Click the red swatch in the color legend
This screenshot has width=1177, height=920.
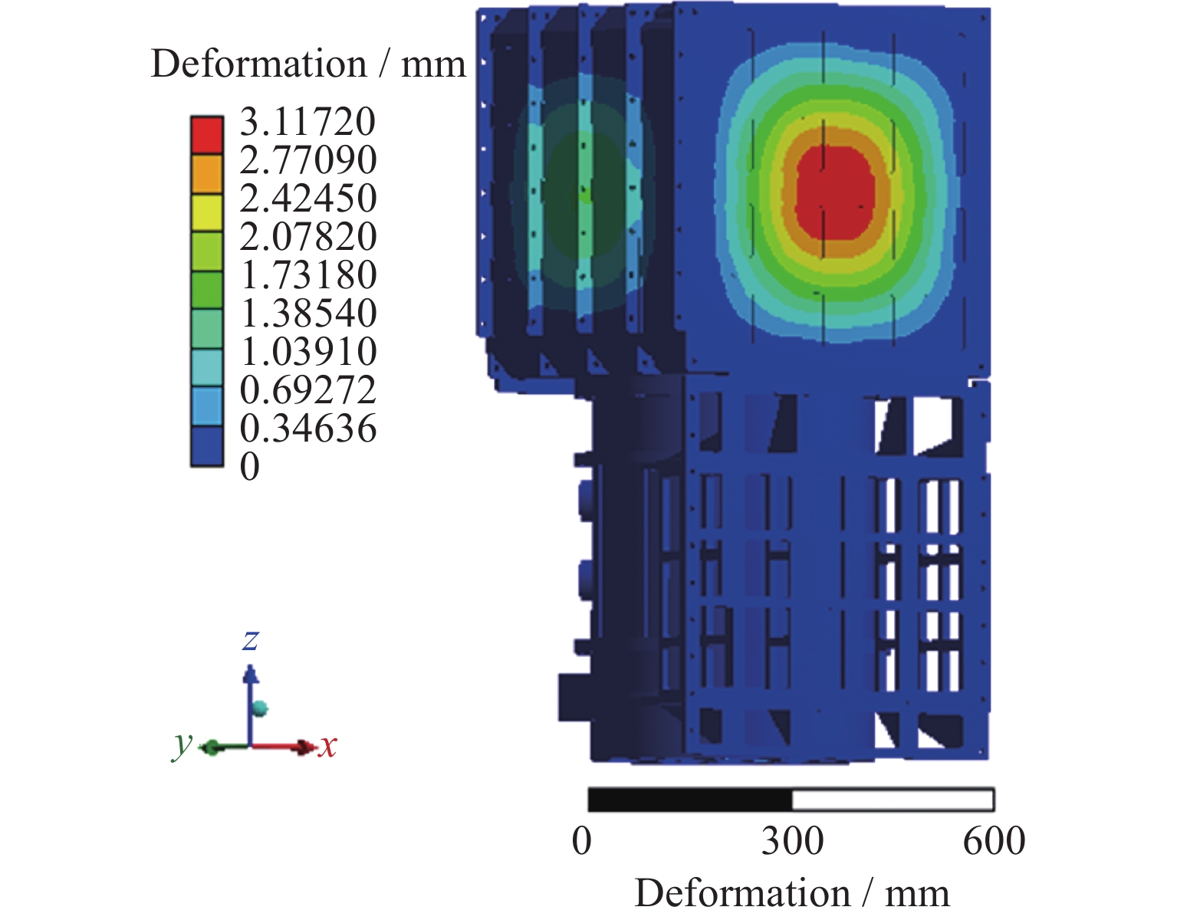(207, 135)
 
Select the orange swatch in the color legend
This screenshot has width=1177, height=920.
(207, 174)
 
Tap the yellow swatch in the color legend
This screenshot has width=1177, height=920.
(207, 212)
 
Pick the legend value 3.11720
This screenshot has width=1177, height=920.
(307, 121)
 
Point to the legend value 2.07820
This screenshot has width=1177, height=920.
(307, 236)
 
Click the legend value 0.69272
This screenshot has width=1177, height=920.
(307, 389)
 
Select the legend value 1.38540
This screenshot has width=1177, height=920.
(307, 313)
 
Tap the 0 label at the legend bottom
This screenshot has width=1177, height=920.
(250, 466)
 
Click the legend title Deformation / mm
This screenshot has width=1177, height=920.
(308, 64)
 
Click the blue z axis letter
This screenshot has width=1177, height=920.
(251, 640)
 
